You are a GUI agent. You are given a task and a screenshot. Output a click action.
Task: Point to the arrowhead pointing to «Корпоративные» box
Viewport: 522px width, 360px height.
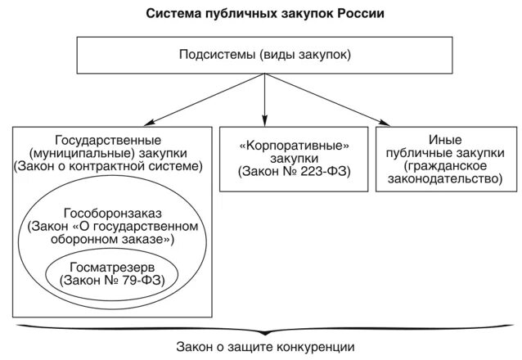(x=264, y=119)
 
